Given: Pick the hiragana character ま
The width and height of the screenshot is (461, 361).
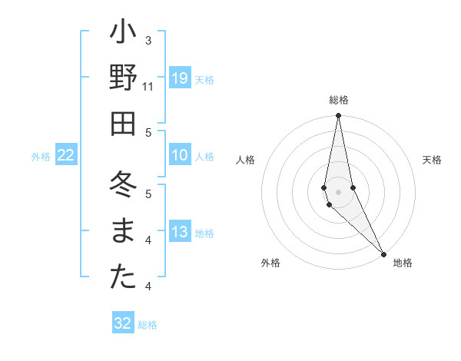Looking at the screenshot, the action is pyautogui.click(x=123, y=232).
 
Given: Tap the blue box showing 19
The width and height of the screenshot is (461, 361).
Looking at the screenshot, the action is pyautogui.click(x=180, y=78).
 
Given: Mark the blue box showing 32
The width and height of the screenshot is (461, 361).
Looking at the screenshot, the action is pyautogui.click(x=123, y=323).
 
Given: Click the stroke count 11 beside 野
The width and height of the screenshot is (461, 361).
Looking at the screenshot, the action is pyautogui.click(x=148, y=87).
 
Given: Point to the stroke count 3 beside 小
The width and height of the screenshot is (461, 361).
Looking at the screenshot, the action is pyautogui.click(x=148, y=39).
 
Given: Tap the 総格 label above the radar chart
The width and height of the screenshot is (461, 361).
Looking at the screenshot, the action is pyautogui.click(x=339, y=100).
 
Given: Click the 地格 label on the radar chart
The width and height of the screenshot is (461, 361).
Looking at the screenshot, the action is pyautogui.click(x=403, y=263).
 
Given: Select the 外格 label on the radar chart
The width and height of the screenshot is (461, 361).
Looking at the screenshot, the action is pyautogui.click(x=270, y=263).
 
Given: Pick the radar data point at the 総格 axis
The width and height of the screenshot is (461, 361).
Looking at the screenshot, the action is pyautogui.click(x=338, y=116).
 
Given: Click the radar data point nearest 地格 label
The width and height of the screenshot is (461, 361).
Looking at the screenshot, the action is pyautogui.click(x=383, y=253).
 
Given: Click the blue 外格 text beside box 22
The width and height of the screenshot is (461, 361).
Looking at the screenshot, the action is pyautogui.click(x=41, y=157).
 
